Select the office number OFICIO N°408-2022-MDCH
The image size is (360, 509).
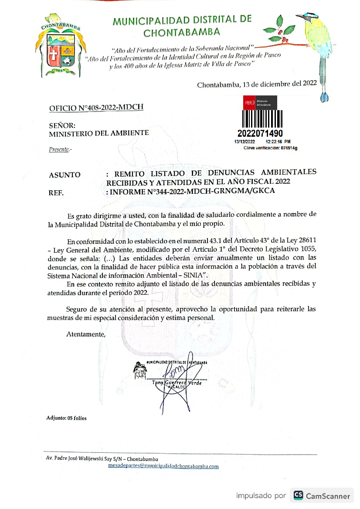pos(96,108)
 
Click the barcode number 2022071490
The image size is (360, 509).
pos(261,133)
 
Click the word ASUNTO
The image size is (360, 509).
pos(65,175)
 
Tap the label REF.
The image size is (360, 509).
pos(57,192)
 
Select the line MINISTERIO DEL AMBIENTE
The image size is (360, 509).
pos(99,133)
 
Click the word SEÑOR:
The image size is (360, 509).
pos(62,125)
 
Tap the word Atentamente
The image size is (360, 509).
pos(86,334)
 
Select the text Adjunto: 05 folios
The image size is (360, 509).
pos(66,418)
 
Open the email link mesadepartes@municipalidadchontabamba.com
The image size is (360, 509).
pos(163,466)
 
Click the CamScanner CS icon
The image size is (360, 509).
pos(299,496)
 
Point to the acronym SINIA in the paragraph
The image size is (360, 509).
pos(194,276)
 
